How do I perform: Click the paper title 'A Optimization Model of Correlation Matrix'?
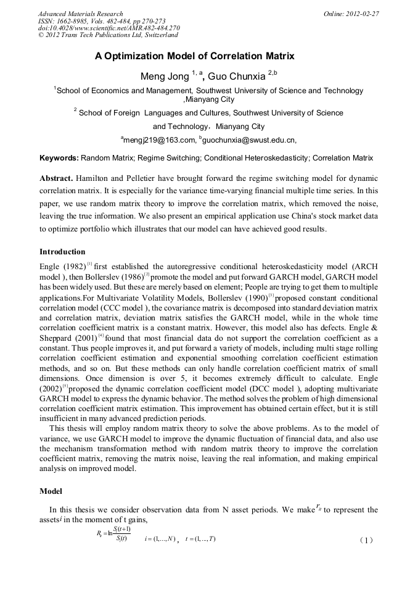194,56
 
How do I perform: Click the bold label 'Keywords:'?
59,158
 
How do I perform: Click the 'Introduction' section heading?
62,252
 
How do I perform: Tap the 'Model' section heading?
51,491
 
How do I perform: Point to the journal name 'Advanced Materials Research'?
80,14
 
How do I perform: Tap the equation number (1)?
366,540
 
